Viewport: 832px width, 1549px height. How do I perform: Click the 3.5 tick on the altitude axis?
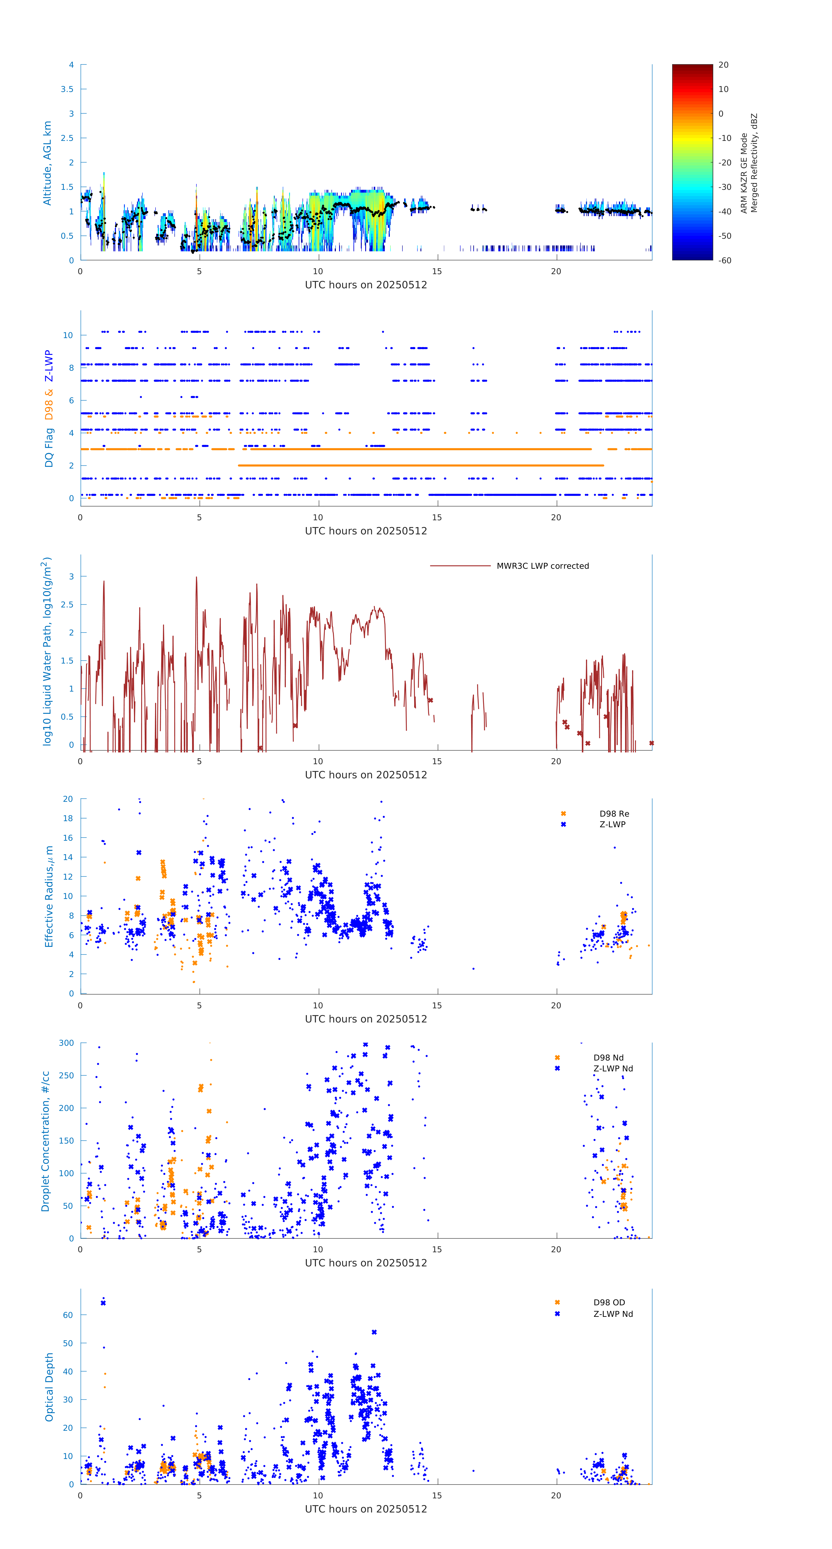(x=67, y=89)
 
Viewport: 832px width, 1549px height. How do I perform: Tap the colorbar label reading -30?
(x=725, y=187)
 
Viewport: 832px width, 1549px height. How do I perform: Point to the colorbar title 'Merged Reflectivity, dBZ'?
(x=754, y=163)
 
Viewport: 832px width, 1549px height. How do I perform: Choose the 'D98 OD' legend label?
(x=609, y=1302)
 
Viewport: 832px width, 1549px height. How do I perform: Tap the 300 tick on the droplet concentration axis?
(x=66, y=1043)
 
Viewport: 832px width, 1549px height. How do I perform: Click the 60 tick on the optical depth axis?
(x=68, y=1315)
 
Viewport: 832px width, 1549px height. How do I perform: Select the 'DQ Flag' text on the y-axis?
(x=49, y=447)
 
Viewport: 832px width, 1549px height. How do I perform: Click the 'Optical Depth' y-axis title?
(x=49, y=1387)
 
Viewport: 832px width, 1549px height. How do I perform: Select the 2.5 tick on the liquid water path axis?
(x=67, y=604)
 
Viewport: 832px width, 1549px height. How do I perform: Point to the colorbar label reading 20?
(x=723, y=65)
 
